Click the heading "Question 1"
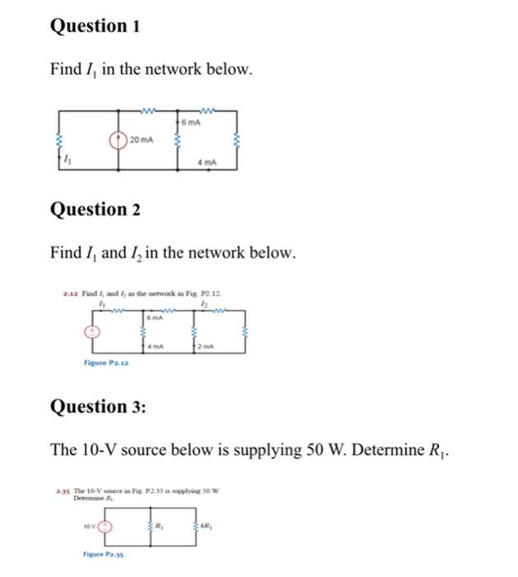coord(95,26)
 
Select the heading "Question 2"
coord(95,209)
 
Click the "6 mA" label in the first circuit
coord(192,122)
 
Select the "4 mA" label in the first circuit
coord(207,162)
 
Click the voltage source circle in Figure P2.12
coord(93,331)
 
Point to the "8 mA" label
coord(152,317)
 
